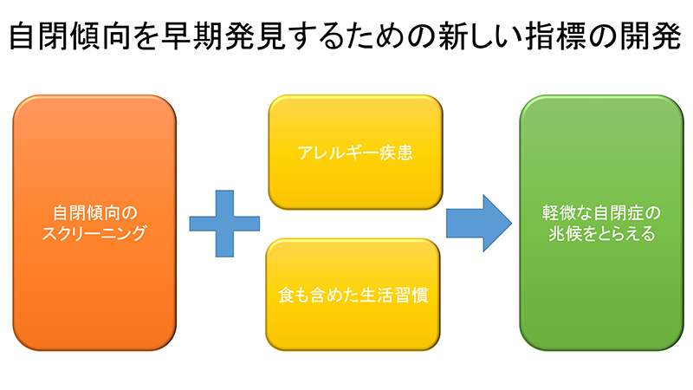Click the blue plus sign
coord(224,224)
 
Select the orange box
coord(94,223)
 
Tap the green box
coord(601,223)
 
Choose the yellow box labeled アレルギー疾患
coord(355,153)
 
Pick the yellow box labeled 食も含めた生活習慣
coord(353,295)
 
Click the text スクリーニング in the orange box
coord(94,233)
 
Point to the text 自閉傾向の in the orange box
coord(95,212)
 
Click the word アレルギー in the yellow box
coord(338,153)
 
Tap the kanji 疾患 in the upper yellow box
coord(396,153)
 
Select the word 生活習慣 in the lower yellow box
coord(394,295)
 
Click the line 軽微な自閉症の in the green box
coord(601,212)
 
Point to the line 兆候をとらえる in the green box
coord(601,233)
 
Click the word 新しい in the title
coord(481,36)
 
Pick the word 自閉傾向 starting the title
coord(69,36)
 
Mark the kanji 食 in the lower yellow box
coord(286,295)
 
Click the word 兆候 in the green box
coord(566,233)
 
